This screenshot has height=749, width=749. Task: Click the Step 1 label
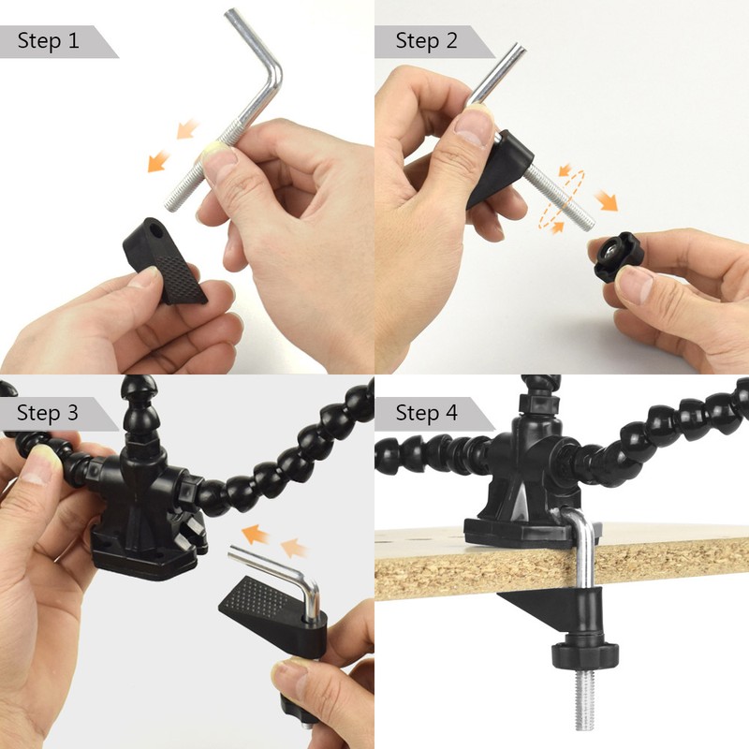50,41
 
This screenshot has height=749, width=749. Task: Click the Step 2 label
426,41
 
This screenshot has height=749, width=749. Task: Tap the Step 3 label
50,413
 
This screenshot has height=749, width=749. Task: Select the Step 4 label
426,413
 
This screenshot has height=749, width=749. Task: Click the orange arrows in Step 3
276,541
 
